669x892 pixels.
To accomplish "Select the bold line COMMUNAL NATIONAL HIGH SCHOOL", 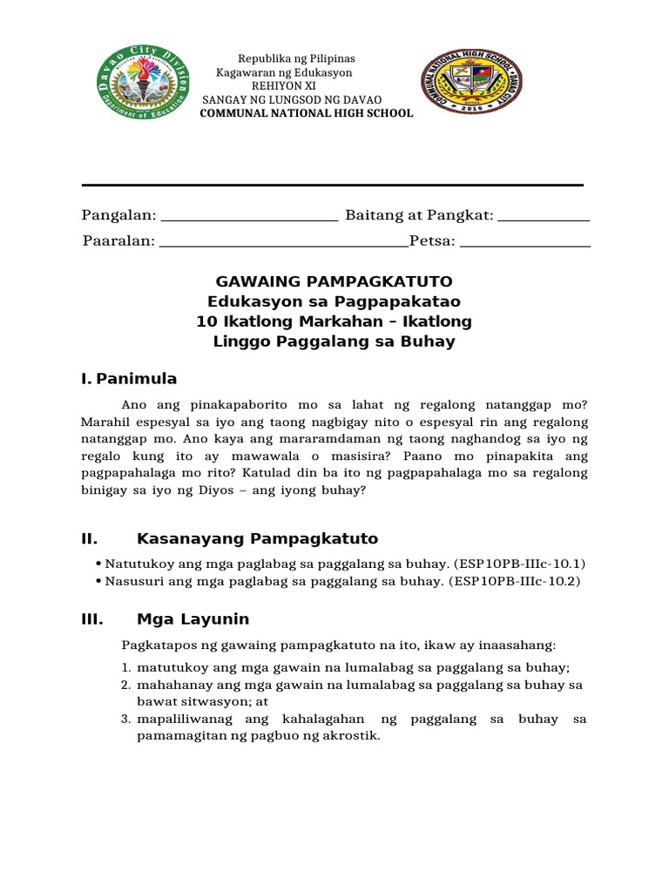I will [307, 113].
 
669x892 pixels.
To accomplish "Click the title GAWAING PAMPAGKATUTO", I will [334, 281].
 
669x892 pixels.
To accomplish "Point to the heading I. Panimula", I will [128, 378].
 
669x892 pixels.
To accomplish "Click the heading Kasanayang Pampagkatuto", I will [257, 538].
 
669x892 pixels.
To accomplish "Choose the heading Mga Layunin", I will [193, 619].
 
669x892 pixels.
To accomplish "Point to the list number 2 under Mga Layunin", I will [125, 685].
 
